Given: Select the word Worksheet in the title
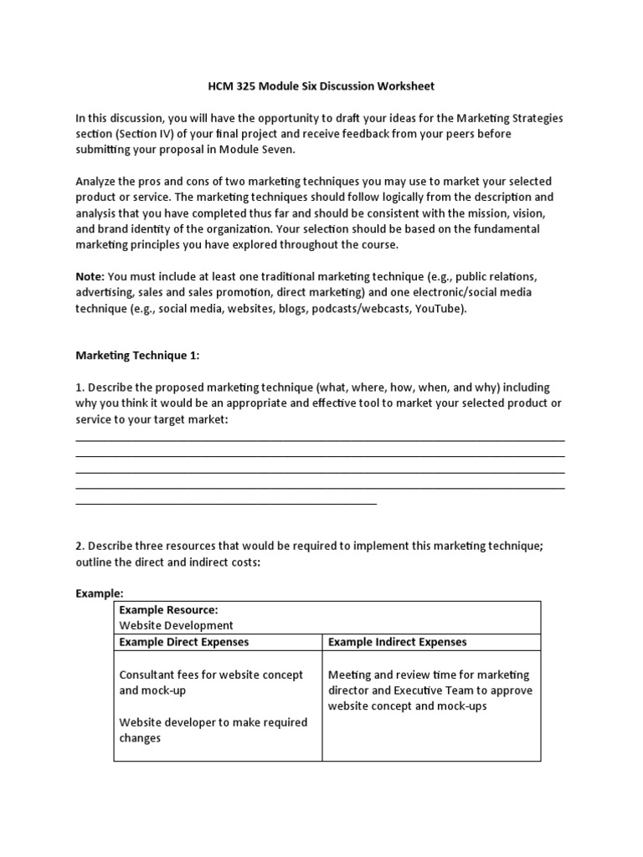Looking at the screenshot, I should pyautogui.click(x=404, y=86).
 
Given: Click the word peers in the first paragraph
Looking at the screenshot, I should pyautogui.click(x=449, y=134).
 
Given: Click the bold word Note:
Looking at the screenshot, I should pyautogui.click(x=90, y=276).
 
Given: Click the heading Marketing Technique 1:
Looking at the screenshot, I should pyautogui.click(x=138, y=356).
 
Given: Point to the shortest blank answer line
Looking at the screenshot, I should pyautogui.click(x=226, y=504).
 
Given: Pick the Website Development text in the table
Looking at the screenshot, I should pyautogui.click(x=177, y=626).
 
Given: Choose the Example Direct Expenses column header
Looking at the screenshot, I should pyautogui.click(x=183, y=642).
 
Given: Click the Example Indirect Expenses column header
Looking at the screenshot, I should pyautogui.click(x=397, y=642).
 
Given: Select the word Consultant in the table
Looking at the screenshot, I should pyautogui.click(x=148, y=675).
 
